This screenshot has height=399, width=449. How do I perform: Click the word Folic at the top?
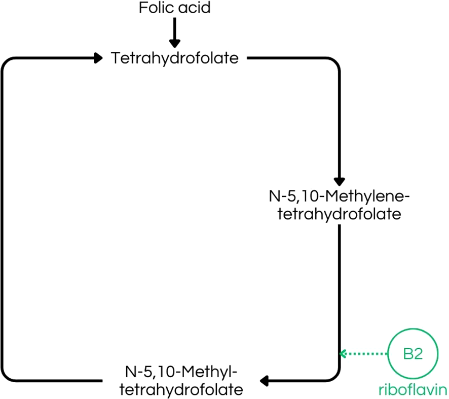click(154, 8)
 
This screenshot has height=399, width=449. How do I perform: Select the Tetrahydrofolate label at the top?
click(175, 58)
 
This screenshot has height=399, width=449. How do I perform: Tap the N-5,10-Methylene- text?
click(339, 195)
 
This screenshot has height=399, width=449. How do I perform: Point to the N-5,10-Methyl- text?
click(181, 372)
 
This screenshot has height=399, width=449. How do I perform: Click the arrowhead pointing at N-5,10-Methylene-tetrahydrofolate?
click(339, 181)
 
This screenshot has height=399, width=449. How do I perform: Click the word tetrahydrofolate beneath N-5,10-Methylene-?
click(339, 214)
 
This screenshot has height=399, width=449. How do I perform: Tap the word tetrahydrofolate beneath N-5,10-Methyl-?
click(181, 390)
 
